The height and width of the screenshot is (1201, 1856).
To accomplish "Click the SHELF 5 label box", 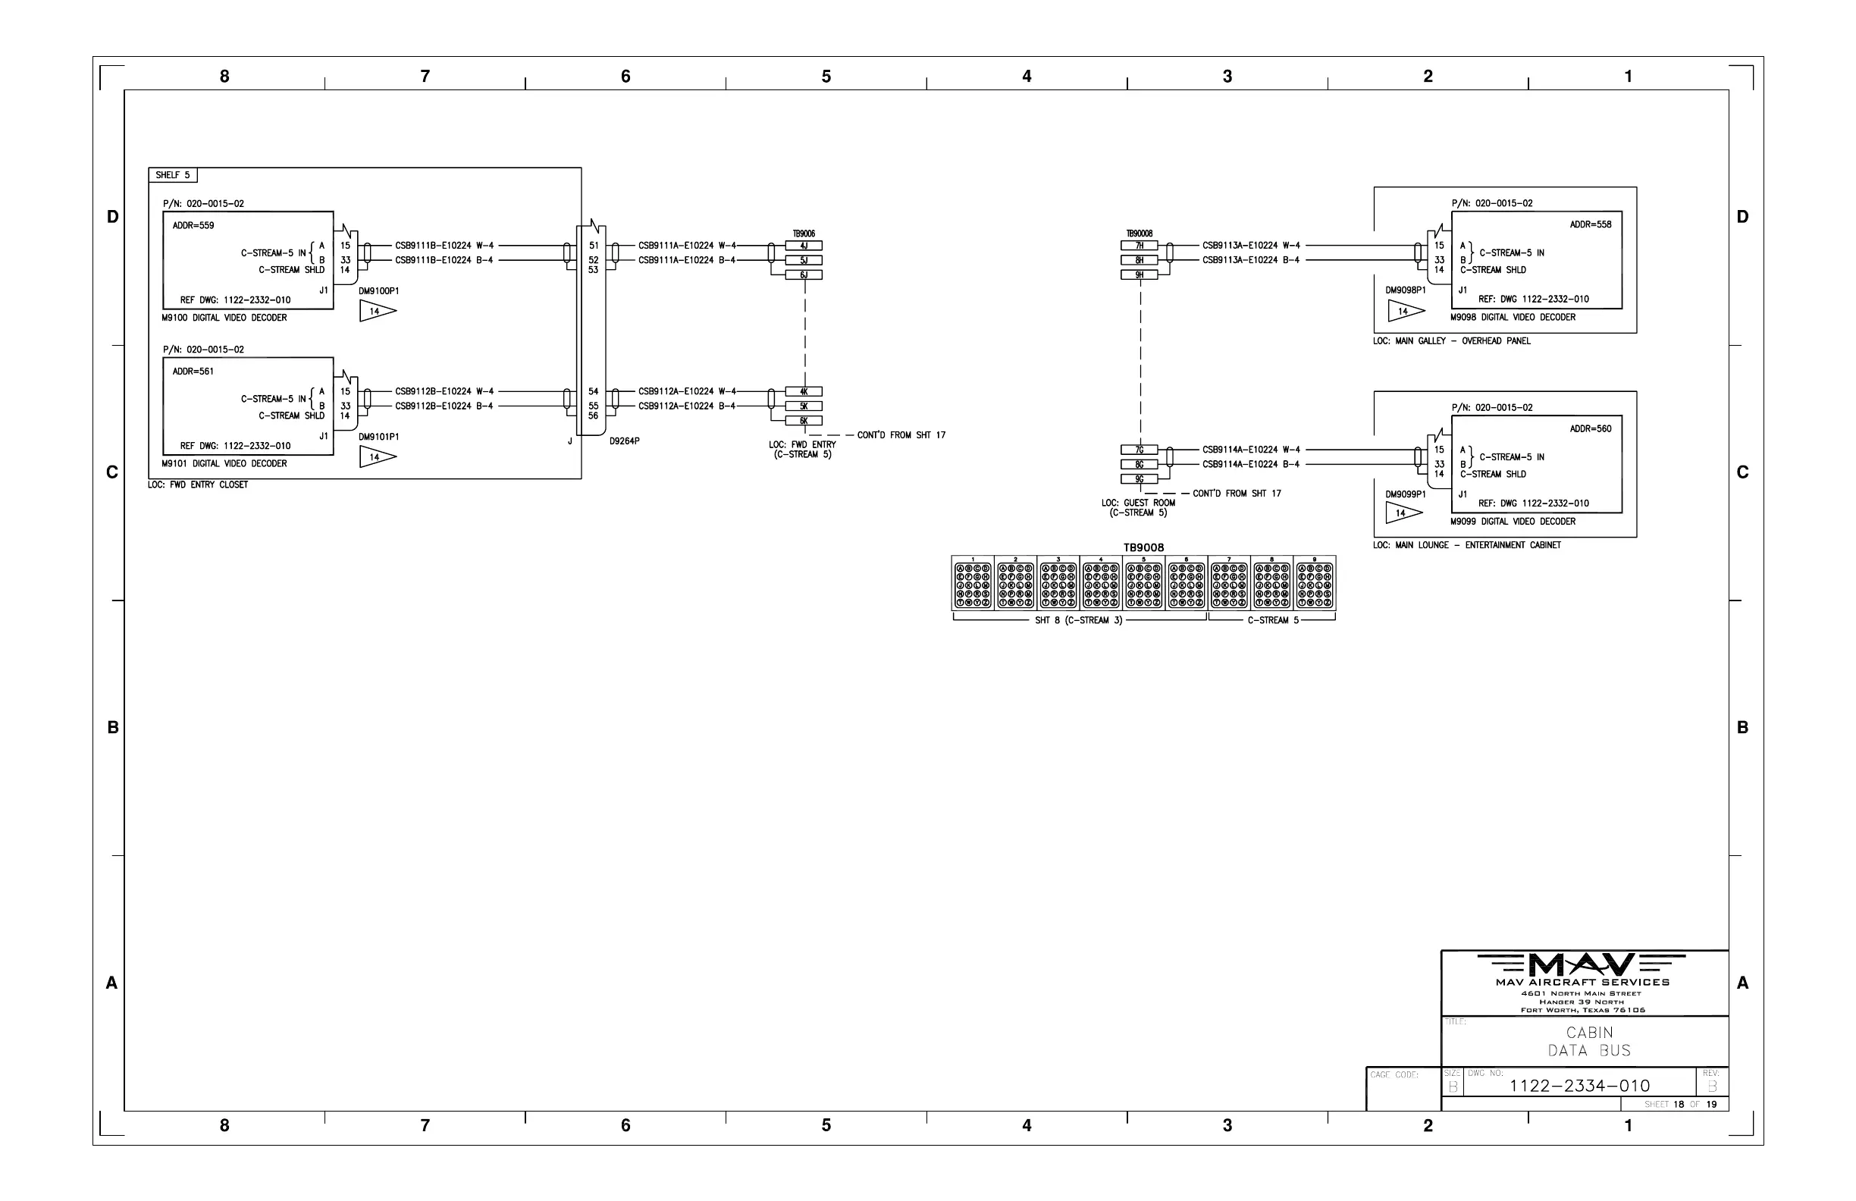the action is click(x=172, y=175).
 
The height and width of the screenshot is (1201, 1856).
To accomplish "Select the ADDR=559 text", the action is click(x=193, y=225).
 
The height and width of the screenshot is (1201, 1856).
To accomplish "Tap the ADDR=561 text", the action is click(x=193, y=372).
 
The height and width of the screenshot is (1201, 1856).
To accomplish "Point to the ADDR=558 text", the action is click(x=1590, y=224).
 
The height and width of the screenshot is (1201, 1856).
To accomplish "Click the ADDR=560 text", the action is click(x=1590, y=429).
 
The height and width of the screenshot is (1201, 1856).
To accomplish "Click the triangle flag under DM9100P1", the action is click(x=377, y=311).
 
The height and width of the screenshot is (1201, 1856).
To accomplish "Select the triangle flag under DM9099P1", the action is click(x=1403, y=513).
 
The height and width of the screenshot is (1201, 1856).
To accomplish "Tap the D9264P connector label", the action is click(x=625, y=441).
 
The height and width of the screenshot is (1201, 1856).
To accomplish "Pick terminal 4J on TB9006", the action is click(x=803, y=246).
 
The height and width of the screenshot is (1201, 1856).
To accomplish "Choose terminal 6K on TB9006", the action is click(x=803, y=421).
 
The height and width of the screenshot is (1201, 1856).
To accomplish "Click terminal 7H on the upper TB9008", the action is click(x=1140, y=246).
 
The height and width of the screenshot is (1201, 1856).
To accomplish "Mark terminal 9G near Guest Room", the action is click(x=1140, y=480).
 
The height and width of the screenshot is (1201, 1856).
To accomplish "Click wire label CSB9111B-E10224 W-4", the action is click(x=444, y=246).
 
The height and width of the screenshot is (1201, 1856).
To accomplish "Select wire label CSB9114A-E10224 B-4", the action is click(x=1251, y=465).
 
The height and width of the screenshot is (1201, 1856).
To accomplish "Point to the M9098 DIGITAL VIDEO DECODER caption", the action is click(x=1513, y=318).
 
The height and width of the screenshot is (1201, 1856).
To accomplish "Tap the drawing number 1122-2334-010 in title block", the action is click(x=1580, y=1086).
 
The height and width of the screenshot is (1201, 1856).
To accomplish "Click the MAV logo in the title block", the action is click(x=1582, y=965).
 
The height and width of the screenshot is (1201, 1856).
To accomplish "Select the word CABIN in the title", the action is click(x=1589, y=1033).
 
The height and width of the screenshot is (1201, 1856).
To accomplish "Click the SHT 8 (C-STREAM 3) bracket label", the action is click(x=1079, y=621).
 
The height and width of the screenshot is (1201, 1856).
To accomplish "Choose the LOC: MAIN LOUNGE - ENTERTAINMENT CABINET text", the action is click(x=1467, y=545).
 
